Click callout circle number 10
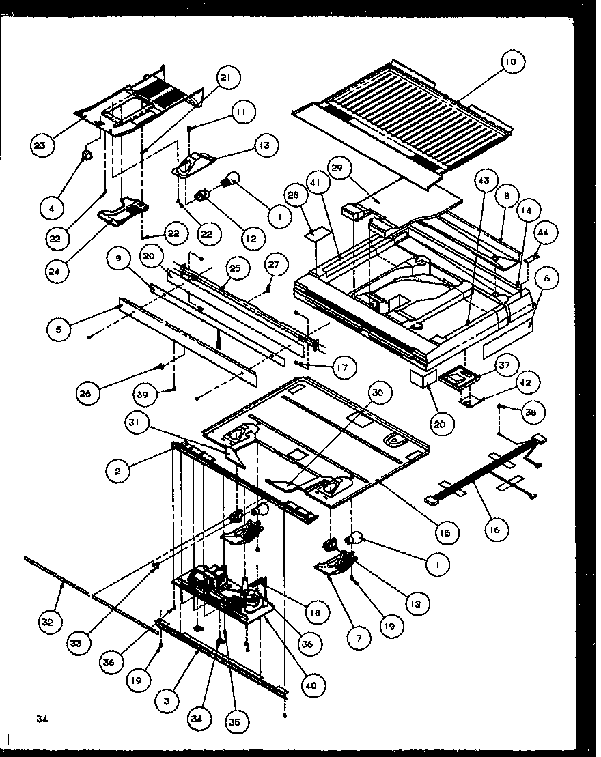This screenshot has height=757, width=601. (x=510, y=62)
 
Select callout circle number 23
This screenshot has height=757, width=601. (x=42, y=144)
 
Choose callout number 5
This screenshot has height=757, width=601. (x=59, y=328)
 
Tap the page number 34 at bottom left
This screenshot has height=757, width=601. (x=42, y=718)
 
